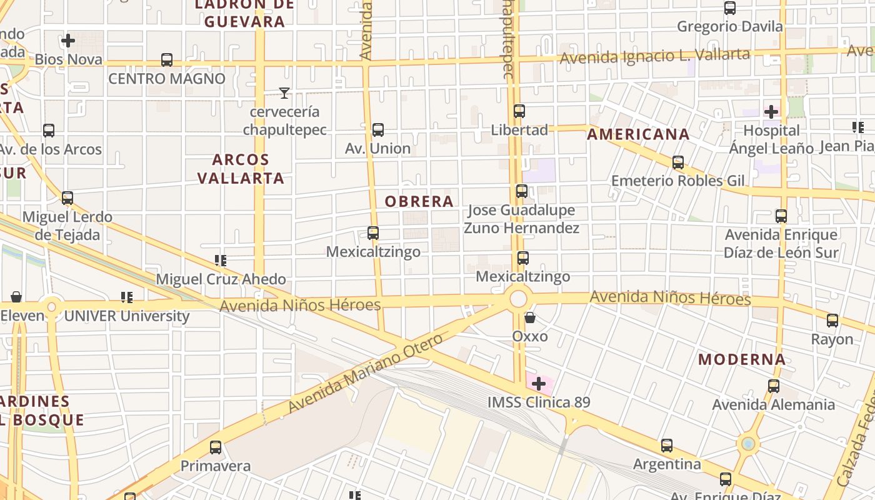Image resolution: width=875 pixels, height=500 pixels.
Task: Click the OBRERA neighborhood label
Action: click(419, 201)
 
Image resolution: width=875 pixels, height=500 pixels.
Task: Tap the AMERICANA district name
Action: click(638, 134)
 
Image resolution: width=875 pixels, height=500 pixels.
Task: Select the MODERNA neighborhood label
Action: click(742, 359)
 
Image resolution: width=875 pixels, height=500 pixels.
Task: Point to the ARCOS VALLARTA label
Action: click(241, 169)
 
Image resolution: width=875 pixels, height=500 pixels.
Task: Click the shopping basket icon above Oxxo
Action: click(530, 318)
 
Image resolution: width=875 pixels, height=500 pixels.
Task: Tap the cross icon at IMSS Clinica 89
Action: click(539, 384)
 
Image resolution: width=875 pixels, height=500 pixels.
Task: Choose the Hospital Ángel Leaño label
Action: click(771, 139)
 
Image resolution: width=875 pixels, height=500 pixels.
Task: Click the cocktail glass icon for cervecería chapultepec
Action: click(284, 93)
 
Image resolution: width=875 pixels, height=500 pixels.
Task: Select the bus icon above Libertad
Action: click(519, 111)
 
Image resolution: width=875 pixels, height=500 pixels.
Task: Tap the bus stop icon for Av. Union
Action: click(378, 130)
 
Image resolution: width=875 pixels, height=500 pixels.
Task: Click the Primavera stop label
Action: click(216, 466)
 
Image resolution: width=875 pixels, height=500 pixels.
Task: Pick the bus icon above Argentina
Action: click(667, 446)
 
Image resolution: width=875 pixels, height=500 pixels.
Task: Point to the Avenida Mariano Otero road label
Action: click(366, 374)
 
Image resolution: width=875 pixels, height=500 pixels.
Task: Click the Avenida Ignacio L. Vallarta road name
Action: click(654, 57)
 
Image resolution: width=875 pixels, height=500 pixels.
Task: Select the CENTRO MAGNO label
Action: click(167, 79)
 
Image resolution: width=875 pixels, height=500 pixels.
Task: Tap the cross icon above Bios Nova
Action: click(68, 41)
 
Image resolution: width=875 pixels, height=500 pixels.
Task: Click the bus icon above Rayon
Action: click(832, 321)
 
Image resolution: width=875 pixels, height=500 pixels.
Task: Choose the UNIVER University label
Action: click(127, 316)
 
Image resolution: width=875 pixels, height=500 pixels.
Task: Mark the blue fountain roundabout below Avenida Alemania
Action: click(747, 444)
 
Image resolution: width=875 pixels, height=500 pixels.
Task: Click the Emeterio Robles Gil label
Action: click(678, 181)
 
